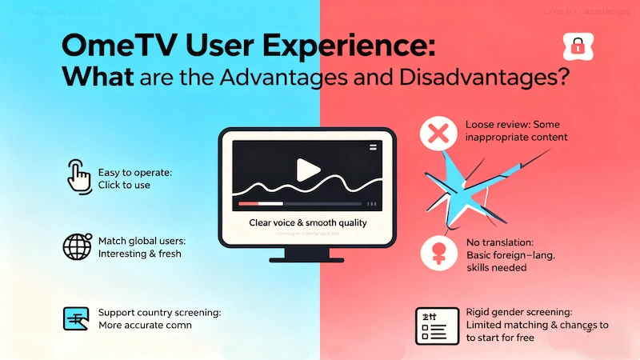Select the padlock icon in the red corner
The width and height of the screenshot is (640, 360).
coord(576,46)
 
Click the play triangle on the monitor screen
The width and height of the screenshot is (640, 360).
coord(306,169)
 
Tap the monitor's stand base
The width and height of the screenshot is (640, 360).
coord(308,256)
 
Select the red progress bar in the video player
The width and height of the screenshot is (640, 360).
coord(264,205)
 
